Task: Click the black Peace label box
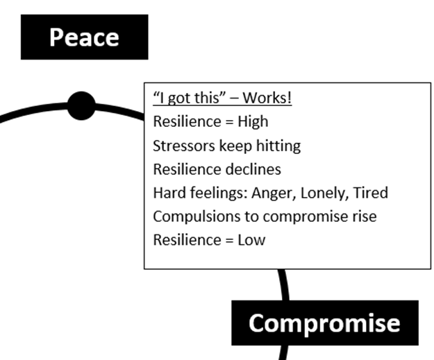click(84, 37)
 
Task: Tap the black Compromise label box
click(324, 323)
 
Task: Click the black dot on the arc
click(81, 105)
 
